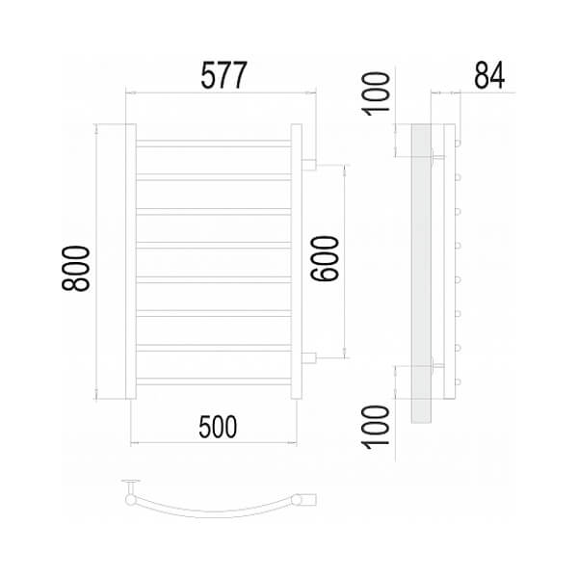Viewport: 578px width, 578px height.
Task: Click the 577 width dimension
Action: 223,75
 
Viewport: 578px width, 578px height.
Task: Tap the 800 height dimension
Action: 76,269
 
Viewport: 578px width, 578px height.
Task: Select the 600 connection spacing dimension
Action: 325,258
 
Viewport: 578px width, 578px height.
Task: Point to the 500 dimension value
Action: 218,427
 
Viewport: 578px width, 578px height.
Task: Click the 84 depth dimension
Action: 489,75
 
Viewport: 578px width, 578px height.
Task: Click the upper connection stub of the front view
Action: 309,165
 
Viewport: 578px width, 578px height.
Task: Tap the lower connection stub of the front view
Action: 309,358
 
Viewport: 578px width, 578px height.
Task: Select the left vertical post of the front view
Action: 131,261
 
